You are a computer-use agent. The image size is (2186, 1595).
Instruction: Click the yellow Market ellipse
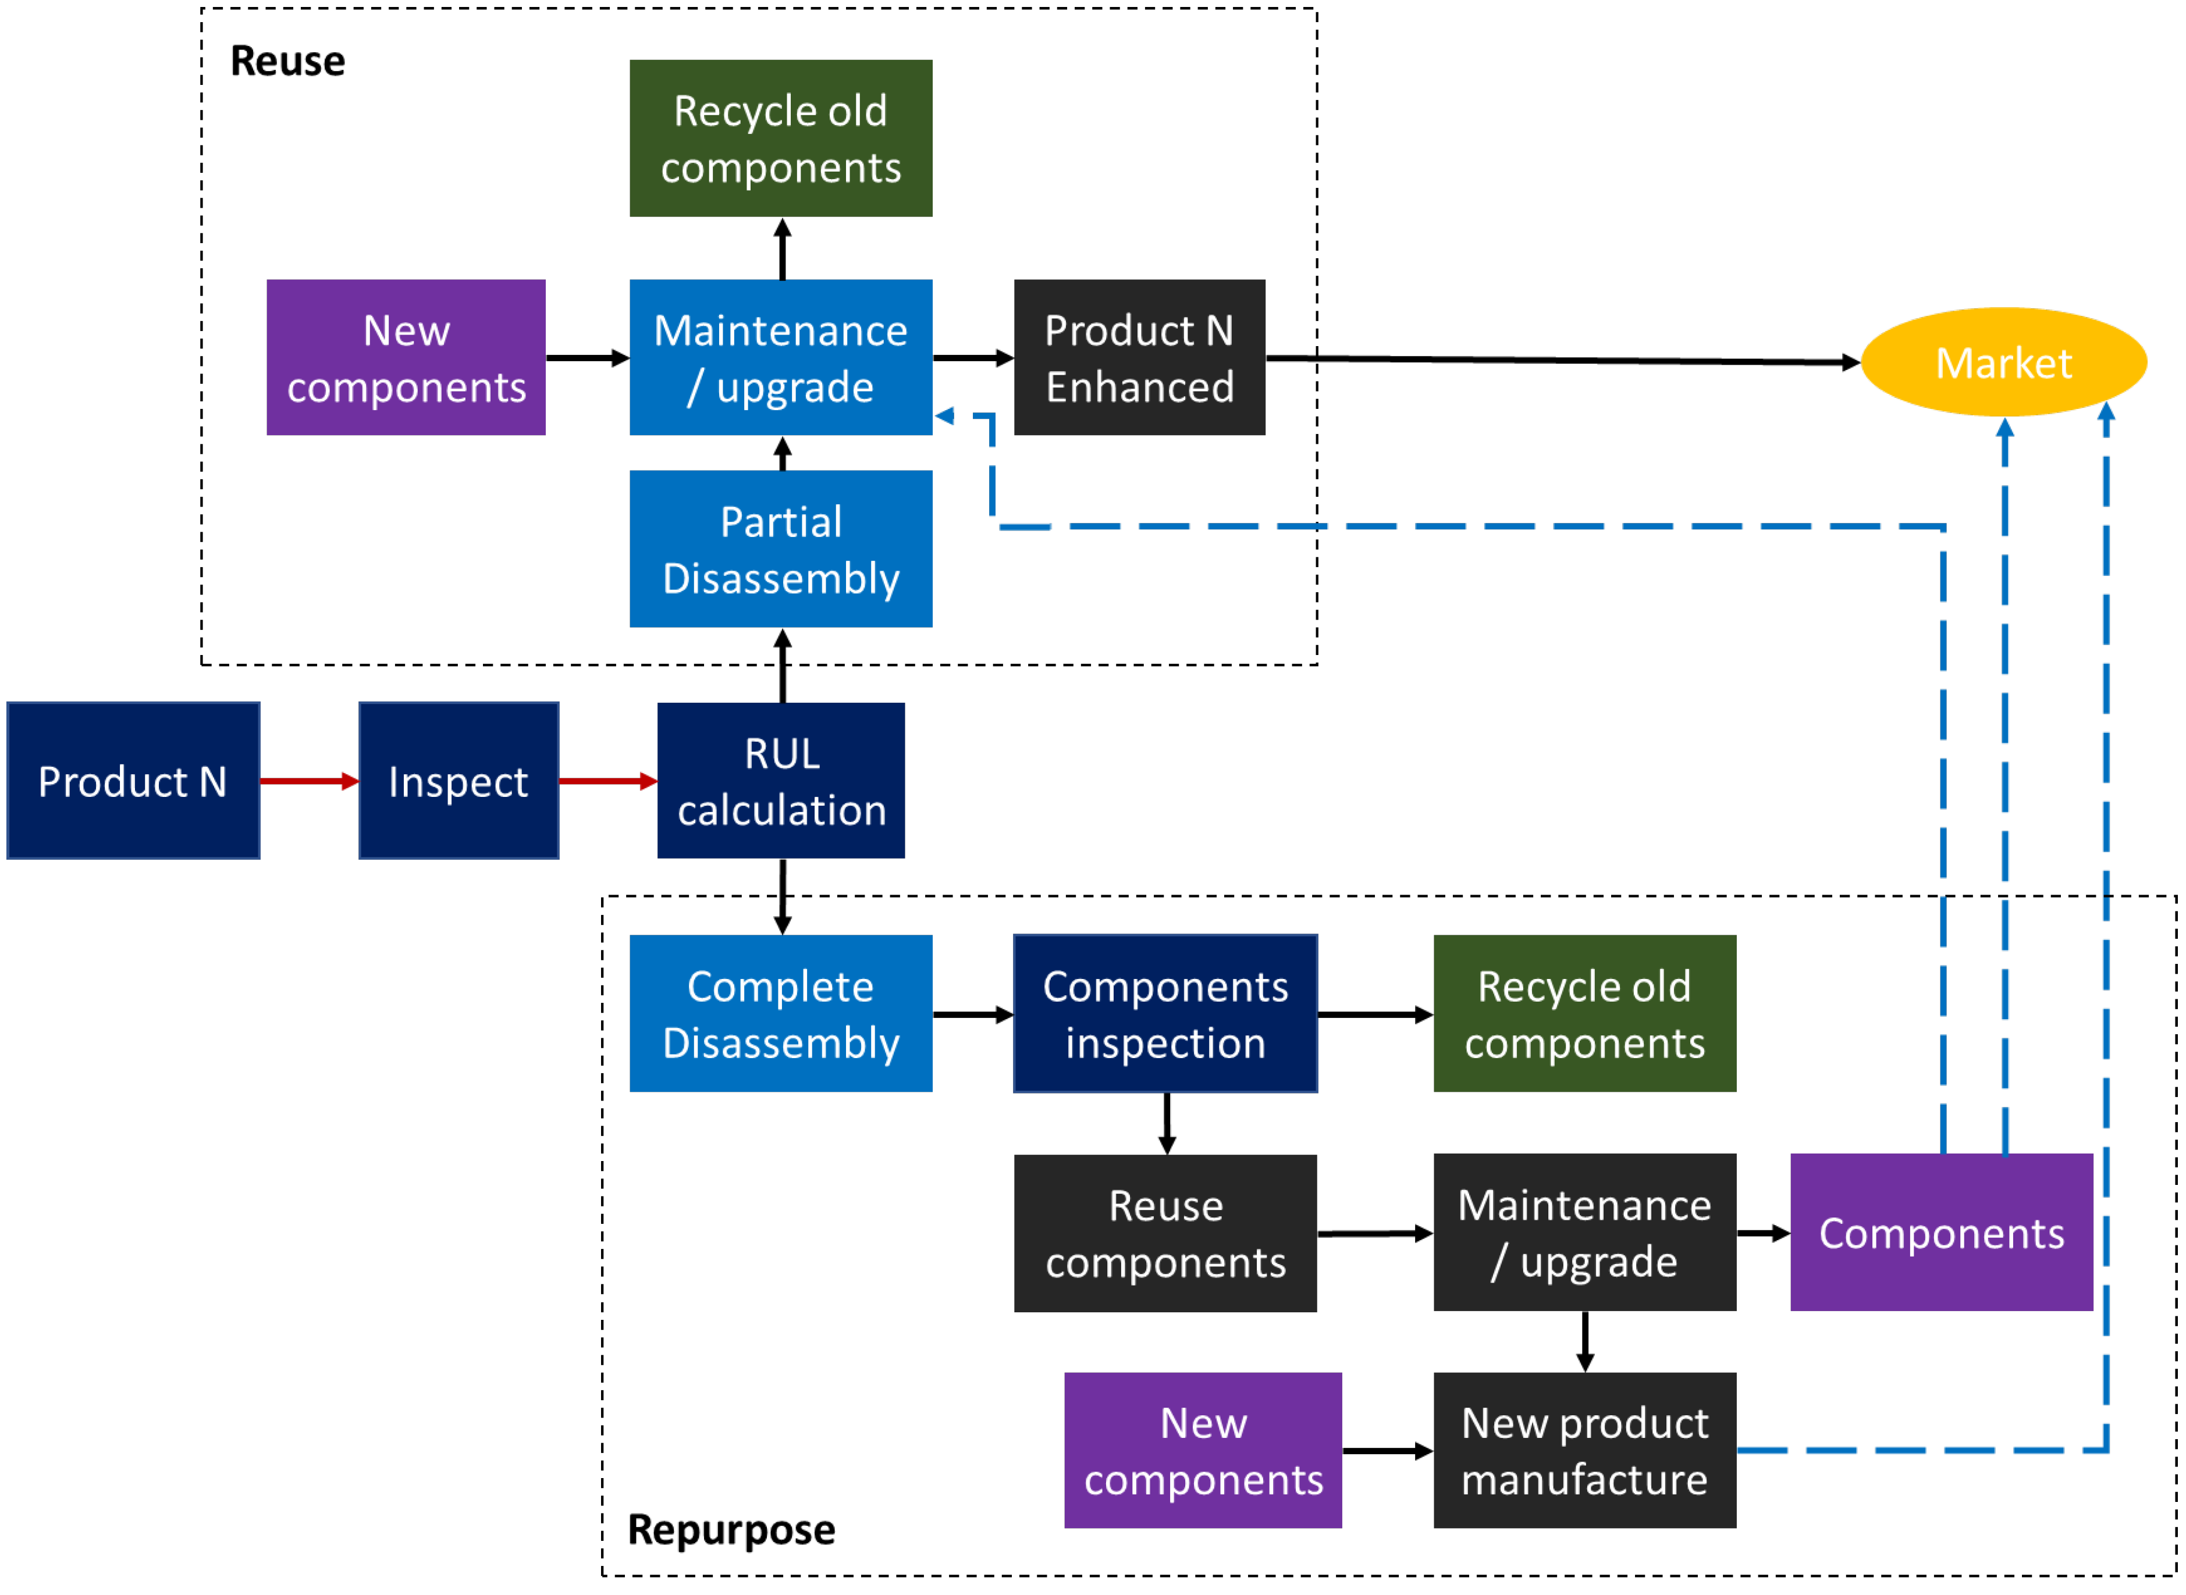coord(2003,362)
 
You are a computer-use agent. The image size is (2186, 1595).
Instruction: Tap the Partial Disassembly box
coord(780,549)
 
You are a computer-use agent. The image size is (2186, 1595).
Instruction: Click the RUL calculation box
coord(780,780)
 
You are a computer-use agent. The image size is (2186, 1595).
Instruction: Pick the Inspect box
coord(458,780)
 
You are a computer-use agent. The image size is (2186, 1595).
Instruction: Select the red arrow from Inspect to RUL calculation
coord(606,780)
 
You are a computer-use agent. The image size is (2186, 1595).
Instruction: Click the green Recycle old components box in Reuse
coord(780,138)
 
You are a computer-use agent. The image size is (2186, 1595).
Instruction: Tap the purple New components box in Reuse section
coord(406,357)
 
